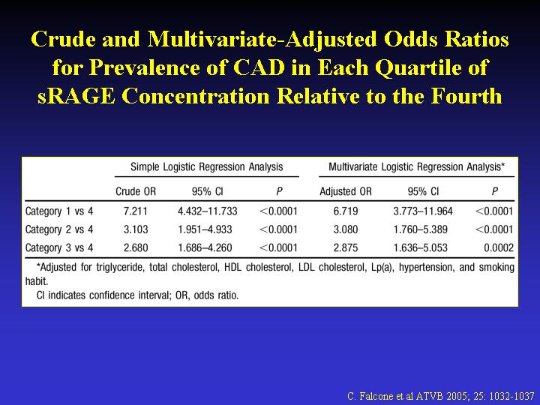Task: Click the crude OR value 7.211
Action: (x=136, y=211)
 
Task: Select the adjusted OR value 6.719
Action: (x=346, y=211)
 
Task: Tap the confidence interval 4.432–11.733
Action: (x=207, y=211)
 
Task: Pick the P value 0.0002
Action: (x=498, y=247)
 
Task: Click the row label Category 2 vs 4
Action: (x=59, y=229)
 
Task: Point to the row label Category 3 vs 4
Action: (x=59, y=247)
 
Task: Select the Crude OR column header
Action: (x=136, y=191)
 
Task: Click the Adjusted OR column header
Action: (x=346, y=191)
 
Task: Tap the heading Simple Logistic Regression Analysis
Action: (x=207, y=167)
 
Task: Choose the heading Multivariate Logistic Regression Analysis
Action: (x=416, y=167)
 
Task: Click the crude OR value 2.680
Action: (x=136, y=247)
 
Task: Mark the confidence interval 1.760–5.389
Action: (x=421, y=229)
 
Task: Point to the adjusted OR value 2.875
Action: (x=346, y=247)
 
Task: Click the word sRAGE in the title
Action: (x=76, y=95)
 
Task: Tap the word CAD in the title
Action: (x=259, y=67)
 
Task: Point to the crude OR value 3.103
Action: (x=136, y=229)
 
